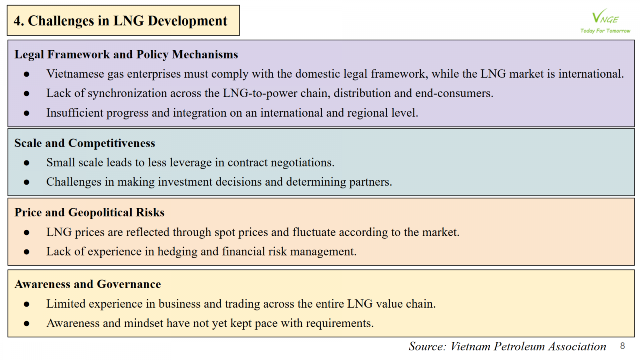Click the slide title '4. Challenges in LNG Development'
[120, 21]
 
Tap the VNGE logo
[605, 16]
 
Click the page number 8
[622, 346]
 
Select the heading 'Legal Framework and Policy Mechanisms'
[126, 54]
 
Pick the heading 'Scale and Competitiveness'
[84, 143]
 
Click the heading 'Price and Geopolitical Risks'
[90, 212]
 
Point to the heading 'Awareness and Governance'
[88, 284]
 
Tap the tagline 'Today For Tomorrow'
[605, 30]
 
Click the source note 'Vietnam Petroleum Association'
[528, 346]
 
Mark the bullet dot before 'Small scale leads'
[26, 163]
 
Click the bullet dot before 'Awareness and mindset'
[26, 324]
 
